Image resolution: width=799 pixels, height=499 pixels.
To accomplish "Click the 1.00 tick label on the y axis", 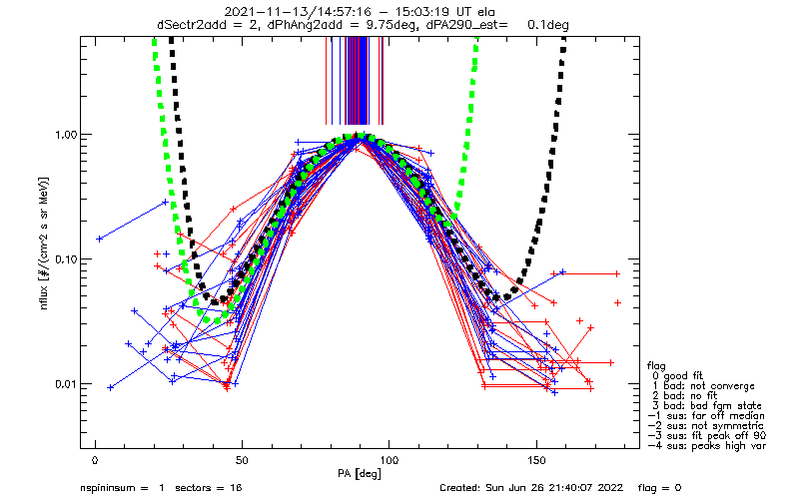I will [x=65, y=135].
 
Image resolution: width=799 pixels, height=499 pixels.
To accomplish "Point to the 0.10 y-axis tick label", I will [x=65, y=259].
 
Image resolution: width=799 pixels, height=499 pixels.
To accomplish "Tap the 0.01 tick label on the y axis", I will [x=65, y=384].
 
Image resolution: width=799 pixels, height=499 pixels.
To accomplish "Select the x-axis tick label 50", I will [x=242, y=460].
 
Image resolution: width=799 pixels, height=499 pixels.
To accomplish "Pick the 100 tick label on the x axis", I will [x=390, y=460].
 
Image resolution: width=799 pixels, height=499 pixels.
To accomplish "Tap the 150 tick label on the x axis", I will [x=536, y=460].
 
